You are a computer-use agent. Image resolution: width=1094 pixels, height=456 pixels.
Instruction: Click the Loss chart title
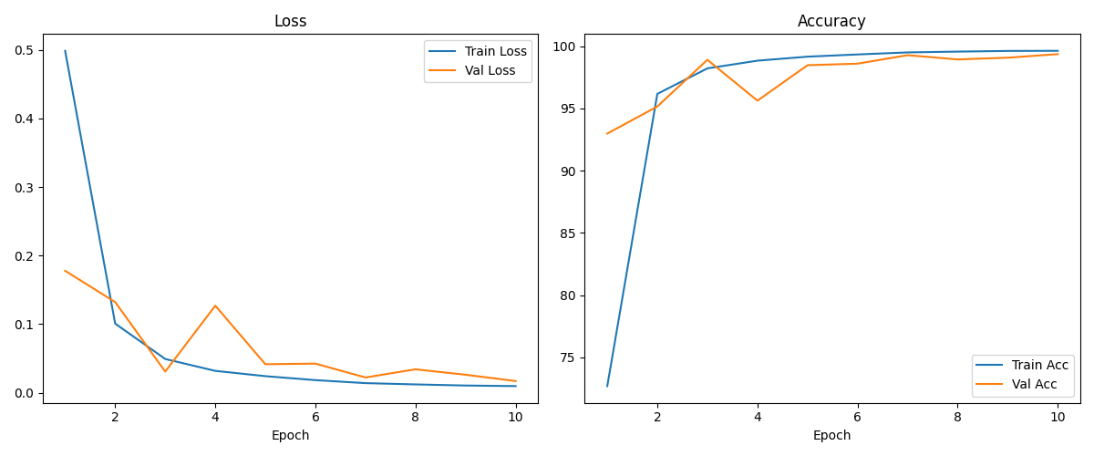click(x=290, y=21)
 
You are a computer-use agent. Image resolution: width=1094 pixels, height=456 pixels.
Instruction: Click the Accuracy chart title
click(x=831, y=21)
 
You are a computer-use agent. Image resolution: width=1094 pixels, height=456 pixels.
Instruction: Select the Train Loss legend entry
click(x=478, y=51)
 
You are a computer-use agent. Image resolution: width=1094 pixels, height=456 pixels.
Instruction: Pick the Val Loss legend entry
click(x=472, y=70)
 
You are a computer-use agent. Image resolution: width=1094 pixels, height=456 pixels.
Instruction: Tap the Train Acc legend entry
click(x=1022, y=365)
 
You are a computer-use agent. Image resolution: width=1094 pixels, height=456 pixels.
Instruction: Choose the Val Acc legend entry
click(x=1016, y=384)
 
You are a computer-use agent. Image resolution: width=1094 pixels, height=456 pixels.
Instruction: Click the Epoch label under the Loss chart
click(x=290, y=435)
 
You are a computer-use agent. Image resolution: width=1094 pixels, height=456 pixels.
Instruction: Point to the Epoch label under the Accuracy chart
click(x=831, y=435)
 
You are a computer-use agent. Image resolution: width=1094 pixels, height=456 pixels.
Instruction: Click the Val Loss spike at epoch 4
click(x=215, y=306)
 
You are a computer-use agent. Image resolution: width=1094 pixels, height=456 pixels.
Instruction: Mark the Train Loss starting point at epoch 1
click(x=65, y=50)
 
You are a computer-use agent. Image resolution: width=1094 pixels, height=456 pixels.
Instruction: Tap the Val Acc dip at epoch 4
click(x=758, y=100)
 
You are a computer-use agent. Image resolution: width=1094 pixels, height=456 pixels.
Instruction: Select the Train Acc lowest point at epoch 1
click(x=607, y=386)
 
